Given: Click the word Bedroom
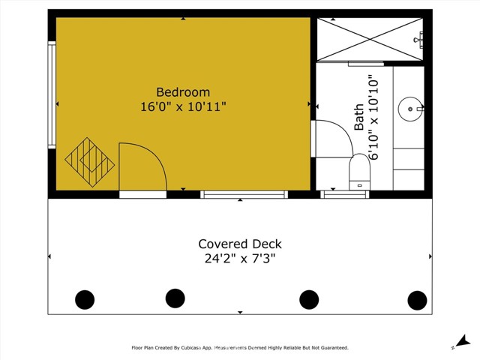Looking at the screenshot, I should coord(183,92).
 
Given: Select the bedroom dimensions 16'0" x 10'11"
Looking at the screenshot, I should coord(183,106).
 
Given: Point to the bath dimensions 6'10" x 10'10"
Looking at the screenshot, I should coord(375,117).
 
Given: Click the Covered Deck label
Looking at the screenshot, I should coord(240,244).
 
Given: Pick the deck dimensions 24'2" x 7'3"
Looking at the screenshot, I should coord(240,259).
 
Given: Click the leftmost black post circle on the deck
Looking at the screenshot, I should coord(85,300).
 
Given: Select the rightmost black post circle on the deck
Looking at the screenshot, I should coord(417,300).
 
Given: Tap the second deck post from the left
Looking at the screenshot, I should coord(175,298).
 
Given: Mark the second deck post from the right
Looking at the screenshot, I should coord(309,299).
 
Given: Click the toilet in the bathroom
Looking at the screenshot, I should coord(360,171).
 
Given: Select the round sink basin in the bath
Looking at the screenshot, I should coord(409,109).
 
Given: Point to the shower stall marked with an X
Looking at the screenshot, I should coord(369,37).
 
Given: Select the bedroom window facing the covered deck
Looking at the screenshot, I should coord(244,194).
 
